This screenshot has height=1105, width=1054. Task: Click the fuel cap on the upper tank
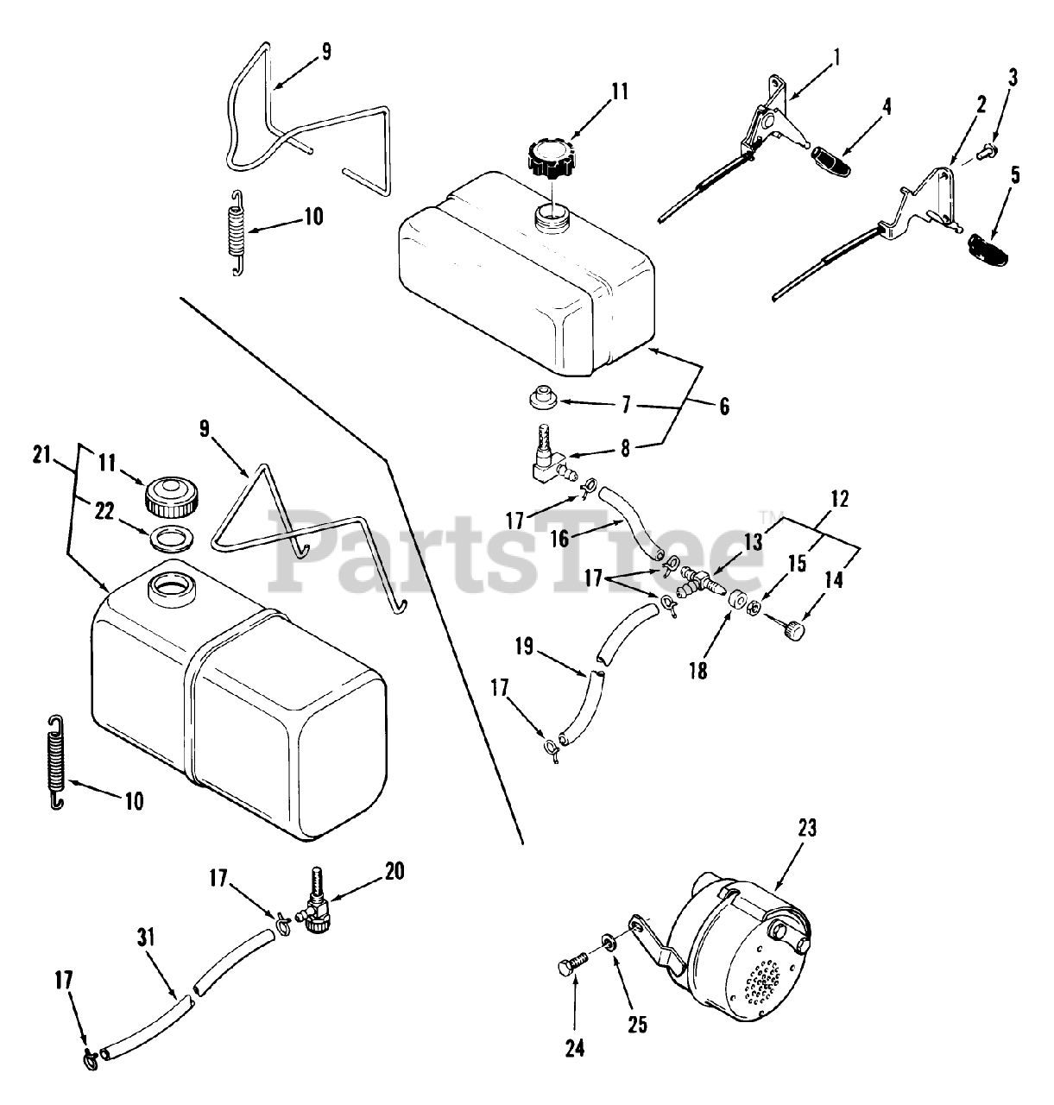pyautogui.click(x=550, y=159)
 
